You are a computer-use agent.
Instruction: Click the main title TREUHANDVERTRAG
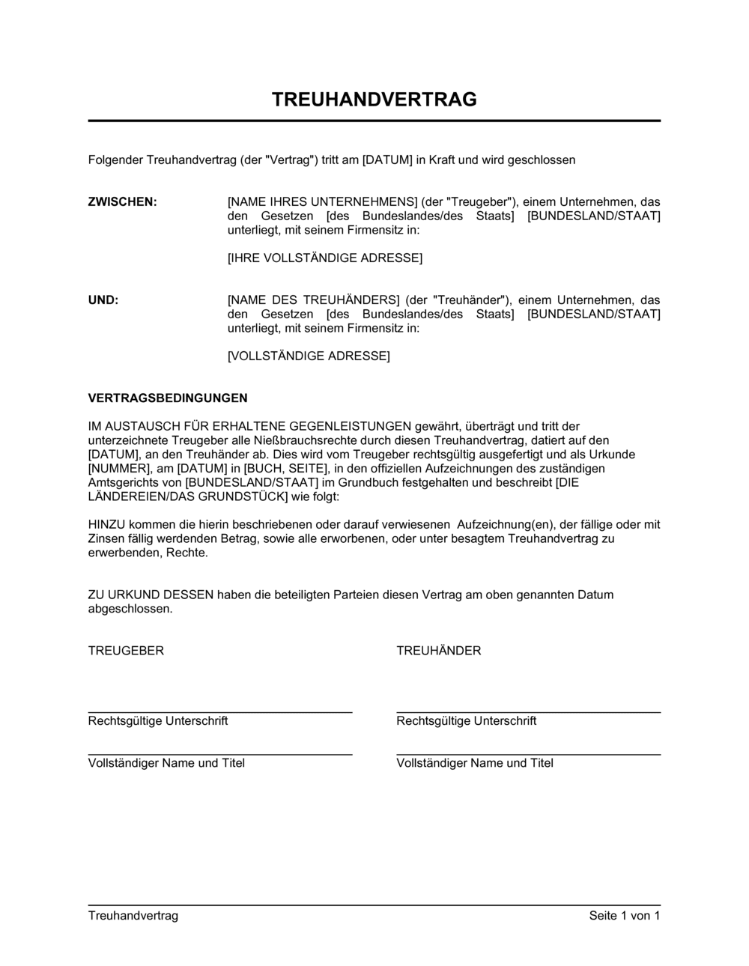(x=374, y=100)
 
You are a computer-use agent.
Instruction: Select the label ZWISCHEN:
(x=123, y=202)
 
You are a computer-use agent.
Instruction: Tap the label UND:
(x=103, y=300)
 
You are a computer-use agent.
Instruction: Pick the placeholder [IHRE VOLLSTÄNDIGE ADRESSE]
(x=324, y=258)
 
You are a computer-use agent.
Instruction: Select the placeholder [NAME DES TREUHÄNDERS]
(x=313, y=300)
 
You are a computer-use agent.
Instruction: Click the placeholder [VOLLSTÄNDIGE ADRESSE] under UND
(x=309, y=356)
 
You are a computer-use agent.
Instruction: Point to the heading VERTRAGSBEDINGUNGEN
(x=168, y=398)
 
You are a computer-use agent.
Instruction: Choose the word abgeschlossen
(x=129, y=610)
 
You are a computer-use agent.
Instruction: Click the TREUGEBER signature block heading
(x=126, y=651)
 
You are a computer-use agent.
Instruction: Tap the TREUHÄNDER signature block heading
(x=439, y=651)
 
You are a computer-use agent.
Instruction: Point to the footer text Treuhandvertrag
(x=133, y=916)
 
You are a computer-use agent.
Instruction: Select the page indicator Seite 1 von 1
(x=625, y=916)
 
